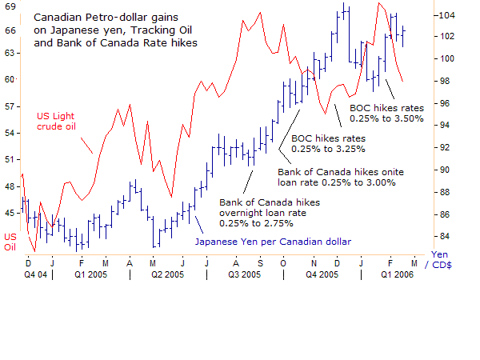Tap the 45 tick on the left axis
[x=9, y=212]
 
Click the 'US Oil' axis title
[x=10, y=242]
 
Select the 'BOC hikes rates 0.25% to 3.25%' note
[x=328, y=142]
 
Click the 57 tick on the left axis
[x=9, y=106]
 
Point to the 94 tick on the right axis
[x=444, y=126]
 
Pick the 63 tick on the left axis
[x=9, y=52]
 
